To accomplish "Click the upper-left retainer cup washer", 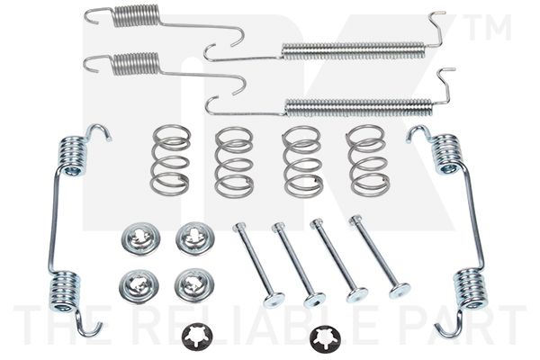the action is click(x=140, y=238).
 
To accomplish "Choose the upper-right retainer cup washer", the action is click(x=194, y=238).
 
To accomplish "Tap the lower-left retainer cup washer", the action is click(x=139, y=284).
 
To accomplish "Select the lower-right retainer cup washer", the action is click(x=194, y=284).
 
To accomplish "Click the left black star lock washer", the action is click(x=197, y=337).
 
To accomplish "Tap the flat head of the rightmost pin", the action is click(x=400, y=291).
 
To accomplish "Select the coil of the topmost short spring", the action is click(x=137, y=15).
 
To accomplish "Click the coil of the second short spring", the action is click(x=137, y=63).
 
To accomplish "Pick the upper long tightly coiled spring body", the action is click(x=354, y=50).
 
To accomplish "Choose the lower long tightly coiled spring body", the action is click(x=358, y=107).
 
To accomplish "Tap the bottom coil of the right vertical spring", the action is click(x=470, y=288).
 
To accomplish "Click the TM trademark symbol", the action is click(x=487, y=27).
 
